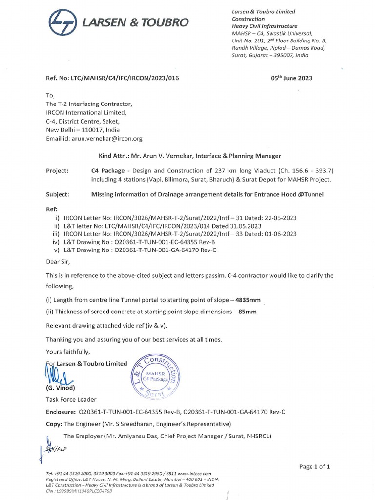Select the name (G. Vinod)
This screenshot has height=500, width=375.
60,388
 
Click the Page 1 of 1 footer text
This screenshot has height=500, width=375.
315,467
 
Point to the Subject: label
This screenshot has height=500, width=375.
58,194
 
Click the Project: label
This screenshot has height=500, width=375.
57,171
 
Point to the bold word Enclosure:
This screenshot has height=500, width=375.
61,411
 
